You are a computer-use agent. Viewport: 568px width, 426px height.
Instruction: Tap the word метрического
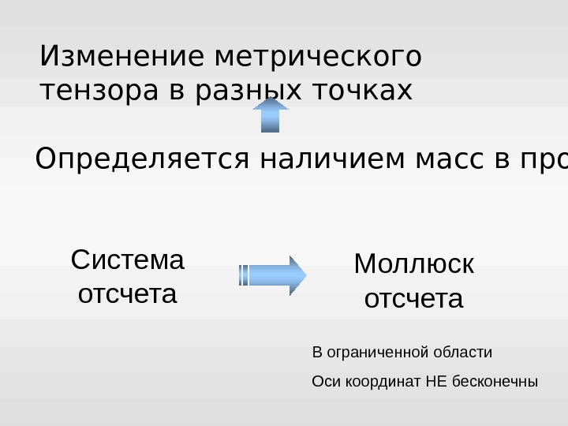click(x=318, y=57)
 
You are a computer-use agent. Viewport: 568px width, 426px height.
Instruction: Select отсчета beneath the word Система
click(x=128, y=294)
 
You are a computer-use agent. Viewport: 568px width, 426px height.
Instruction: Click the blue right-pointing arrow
click(x=272, y=275)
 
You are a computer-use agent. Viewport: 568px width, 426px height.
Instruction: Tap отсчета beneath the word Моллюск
click(x=414, y=300)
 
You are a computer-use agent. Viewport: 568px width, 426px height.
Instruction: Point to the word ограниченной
click(x=371, y=351)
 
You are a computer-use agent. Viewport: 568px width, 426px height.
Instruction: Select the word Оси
click(x=323, y=382)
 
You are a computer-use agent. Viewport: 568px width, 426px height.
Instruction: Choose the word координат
click(x=379, y=382)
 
